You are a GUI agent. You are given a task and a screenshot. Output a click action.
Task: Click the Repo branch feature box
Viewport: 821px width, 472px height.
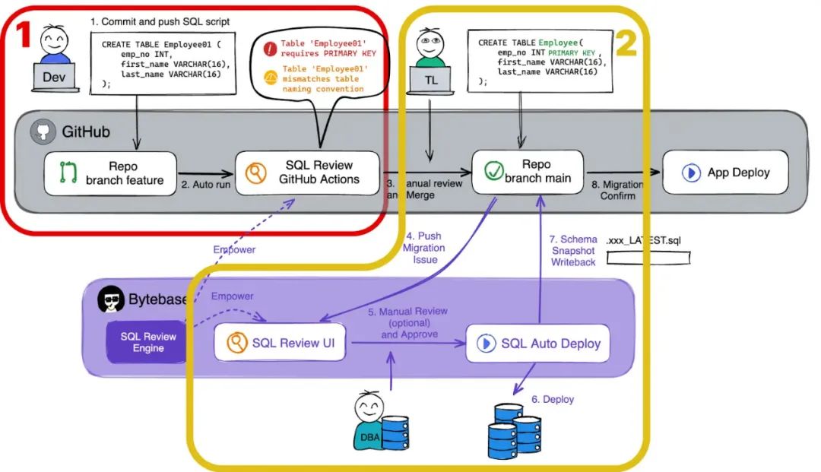coord(110,173)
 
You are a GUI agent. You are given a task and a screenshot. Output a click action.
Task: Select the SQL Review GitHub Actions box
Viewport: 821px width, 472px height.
coord(307,173)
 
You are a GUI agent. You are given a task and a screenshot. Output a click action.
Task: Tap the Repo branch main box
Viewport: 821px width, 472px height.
coord(528,173)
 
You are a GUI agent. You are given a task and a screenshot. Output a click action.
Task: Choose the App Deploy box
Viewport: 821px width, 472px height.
coord(725,173)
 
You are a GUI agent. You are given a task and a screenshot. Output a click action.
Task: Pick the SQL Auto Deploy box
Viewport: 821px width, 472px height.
coord(539,344)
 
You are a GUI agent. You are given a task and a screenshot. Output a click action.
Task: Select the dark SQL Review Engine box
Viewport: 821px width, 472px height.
coord(149,342)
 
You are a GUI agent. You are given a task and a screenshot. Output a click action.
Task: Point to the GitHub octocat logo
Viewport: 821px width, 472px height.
coord(43,132)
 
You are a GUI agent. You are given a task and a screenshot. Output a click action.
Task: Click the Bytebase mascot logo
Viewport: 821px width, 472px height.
coord(112,300)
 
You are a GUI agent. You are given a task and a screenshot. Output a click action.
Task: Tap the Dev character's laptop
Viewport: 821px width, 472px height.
coord(55,77)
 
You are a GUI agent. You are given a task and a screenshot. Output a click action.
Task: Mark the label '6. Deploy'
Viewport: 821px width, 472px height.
coord(553,399)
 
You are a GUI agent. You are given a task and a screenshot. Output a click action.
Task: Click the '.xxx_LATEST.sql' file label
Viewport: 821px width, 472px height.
coord(647,240)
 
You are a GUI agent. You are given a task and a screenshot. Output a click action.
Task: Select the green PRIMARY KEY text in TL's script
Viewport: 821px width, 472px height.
coord(562,52)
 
